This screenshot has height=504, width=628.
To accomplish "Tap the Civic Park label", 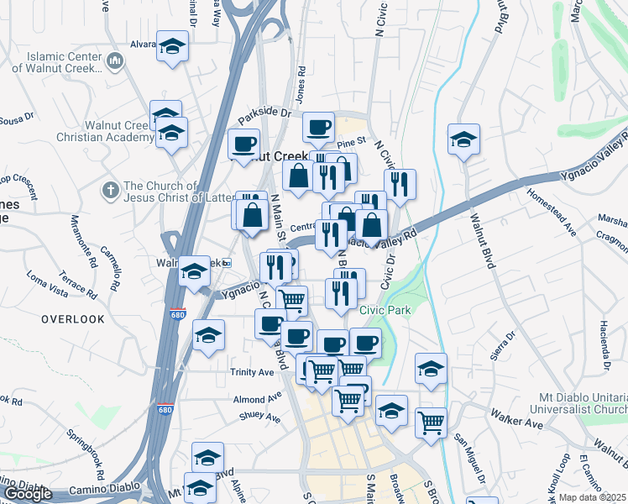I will tap(385, 310).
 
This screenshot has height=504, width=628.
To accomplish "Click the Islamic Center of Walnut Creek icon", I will tap(115, 61).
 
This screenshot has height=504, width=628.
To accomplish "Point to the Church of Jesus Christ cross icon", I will tap(109, 190).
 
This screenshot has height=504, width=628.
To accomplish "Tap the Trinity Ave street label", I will tap(252, 371).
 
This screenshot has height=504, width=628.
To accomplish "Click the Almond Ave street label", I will tap(257, 399).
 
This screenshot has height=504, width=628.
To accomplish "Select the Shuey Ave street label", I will tap(259, 414).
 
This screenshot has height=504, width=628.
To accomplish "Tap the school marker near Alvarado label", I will tap(173, 46).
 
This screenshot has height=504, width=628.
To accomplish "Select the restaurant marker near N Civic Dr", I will tap(400, 184).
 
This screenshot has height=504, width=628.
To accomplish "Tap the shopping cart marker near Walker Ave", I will tap(431, 423).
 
